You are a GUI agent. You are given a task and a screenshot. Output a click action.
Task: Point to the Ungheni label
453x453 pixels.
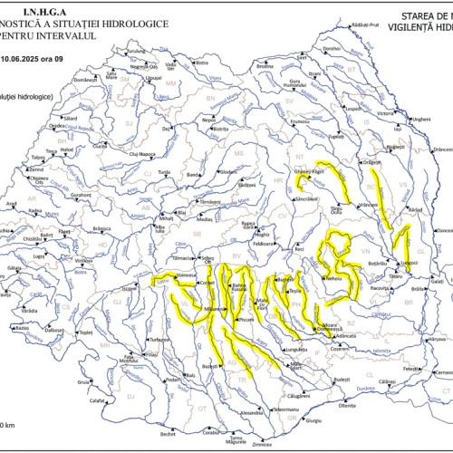click(422, 119)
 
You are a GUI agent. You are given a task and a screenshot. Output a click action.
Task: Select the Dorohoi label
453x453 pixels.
click(332, 49)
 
